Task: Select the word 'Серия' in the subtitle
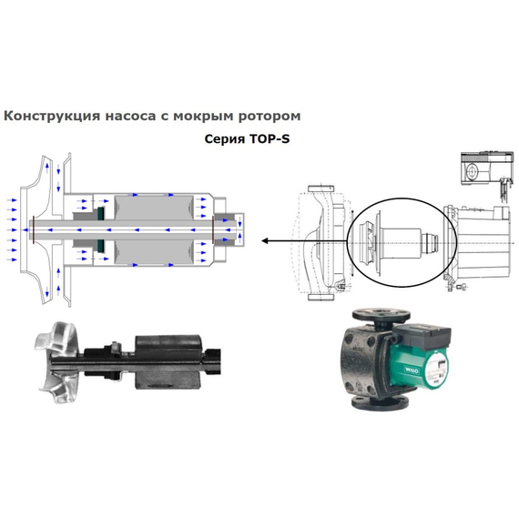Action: [225, 142]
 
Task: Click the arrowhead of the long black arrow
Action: [265, 241]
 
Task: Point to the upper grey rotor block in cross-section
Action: [150, 209]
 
